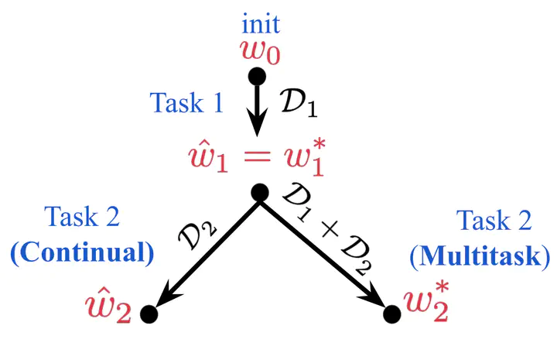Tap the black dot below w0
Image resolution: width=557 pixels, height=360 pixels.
[x=257, y=77]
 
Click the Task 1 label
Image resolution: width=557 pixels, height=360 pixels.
[x=186, y=104]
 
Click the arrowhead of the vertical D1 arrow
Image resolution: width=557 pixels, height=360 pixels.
[x=257, y=127]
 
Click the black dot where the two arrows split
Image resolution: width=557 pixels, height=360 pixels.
[x=259, y=193]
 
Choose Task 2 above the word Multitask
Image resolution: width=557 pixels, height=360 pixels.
[x=494, y=221]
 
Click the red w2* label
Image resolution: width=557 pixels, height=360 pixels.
[x=428, y=311]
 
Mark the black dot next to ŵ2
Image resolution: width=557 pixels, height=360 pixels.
[x=149, y=314]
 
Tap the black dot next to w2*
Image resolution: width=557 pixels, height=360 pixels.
[x=392, y=314]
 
